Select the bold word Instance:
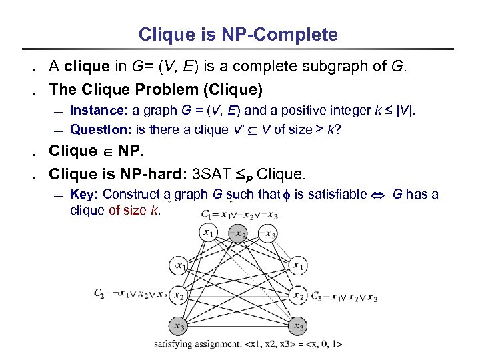(99, 110)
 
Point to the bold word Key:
(84, 195)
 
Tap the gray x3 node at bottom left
(178, 326)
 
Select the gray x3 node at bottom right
(298, 326)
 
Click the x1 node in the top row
(209, 233)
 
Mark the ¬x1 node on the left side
(178, 265)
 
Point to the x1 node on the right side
(298, 265)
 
